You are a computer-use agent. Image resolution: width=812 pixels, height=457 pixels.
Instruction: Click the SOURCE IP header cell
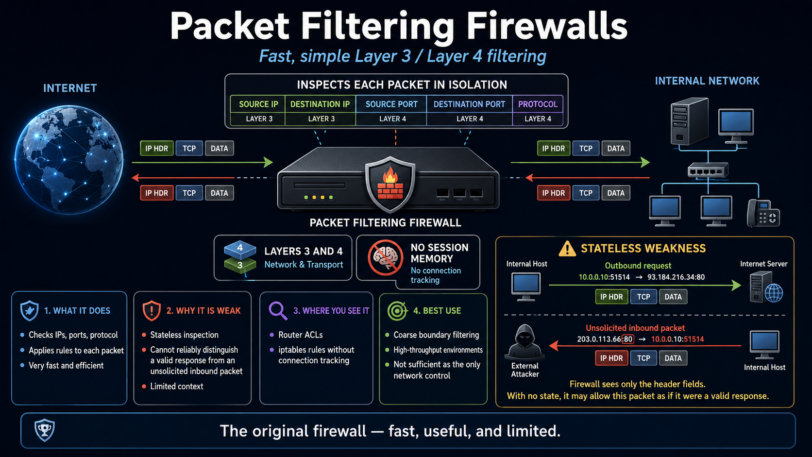click(258, 104)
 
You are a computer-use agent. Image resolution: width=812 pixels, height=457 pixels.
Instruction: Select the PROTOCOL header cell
click(538, 104)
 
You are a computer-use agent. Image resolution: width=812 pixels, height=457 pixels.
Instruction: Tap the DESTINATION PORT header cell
click(470, 104)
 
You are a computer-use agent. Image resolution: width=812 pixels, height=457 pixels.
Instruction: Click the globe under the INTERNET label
click(69, 159)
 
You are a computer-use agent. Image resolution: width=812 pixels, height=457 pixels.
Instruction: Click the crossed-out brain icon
click(385, 257)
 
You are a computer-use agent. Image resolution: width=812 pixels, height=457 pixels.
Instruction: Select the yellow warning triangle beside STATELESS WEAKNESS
click(567, 249)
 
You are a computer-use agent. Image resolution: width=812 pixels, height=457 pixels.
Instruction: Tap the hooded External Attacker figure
click(524, 342)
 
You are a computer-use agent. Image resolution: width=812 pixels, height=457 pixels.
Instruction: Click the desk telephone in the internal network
click(762, 213)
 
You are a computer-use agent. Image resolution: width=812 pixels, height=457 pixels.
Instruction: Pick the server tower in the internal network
click(689, 121)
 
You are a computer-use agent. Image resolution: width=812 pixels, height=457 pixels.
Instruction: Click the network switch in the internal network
click(708, 170)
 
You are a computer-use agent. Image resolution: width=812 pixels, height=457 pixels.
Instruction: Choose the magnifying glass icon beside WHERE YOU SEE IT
click(278, 311)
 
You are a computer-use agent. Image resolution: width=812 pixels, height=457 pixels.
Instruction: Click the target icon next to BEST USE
click(397, 311)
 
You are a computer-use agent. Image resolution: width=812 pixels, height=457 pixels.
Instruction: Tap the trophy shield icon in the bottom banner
click(45, 430)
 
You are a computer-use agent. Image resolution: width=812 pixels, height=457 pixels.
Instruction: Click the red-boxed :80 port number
click(628, 339)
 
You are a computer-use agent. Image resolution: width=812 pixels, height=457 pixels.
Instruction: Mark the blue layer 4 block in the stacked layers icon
click(240, 249)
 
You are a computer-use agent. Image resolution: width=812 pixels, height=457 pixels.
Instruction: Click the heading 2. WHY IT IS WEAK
click(203, 311)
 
